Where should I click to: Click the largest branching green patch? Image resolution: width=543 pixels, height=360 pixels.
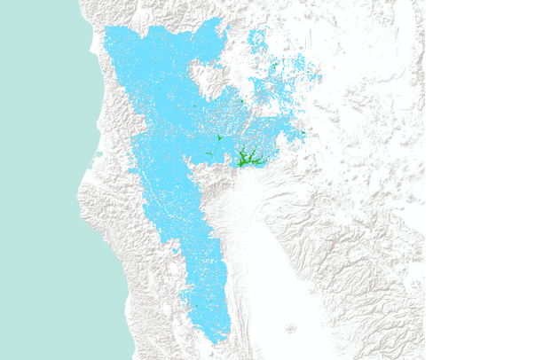246,160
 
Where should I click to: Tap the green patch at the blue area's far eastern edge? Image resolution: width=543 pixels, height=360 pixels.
303,134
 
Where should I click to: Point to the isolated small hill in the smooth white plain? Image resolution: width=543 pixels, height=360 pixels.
289,329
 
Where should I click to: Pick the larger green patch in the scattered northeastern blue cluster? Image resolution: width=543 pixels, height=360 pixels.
273,67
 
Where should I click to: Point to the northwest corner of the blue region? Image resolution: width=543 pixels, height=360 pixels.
106,30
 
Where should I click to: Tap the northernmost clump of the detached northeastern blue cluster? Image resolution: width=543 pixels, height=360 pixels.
257,37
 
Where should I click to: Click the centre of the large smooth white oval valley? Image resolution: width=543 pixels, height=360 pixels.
257,257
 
